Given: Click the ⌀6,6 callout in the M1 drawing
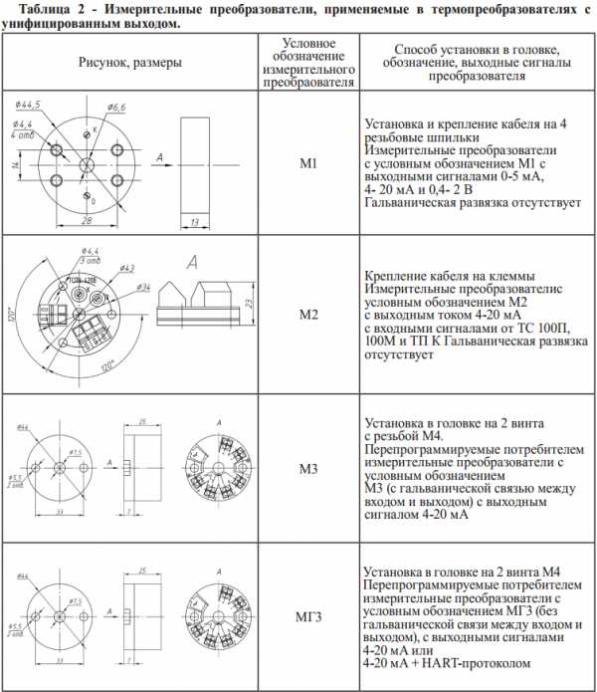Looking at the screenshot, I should pyautogui.click(x=114, y=107).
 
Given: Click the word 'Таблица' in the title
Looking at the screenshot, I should pyautogui.click(x=34, y=9).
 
